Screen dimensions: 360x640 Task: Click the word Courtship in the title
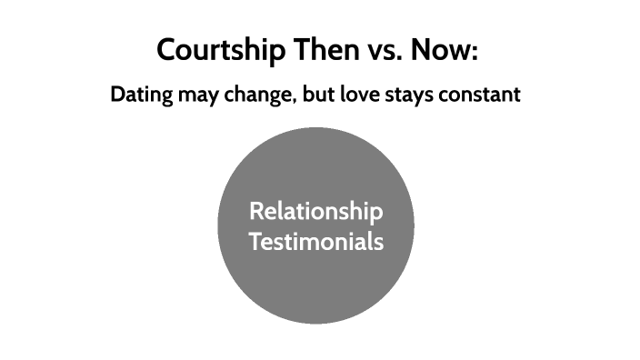point(219,50)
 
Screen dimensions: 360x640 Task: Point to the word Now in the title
point(442,49)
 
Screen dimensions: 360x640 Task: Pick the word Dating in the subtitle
point(141,95)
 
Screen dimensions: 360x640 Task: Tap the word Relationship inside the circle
point(315,213)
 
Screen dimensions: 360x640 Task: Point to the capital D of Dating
point(117,95)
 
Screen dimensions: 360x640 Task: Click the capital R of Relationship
point(255,212)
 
